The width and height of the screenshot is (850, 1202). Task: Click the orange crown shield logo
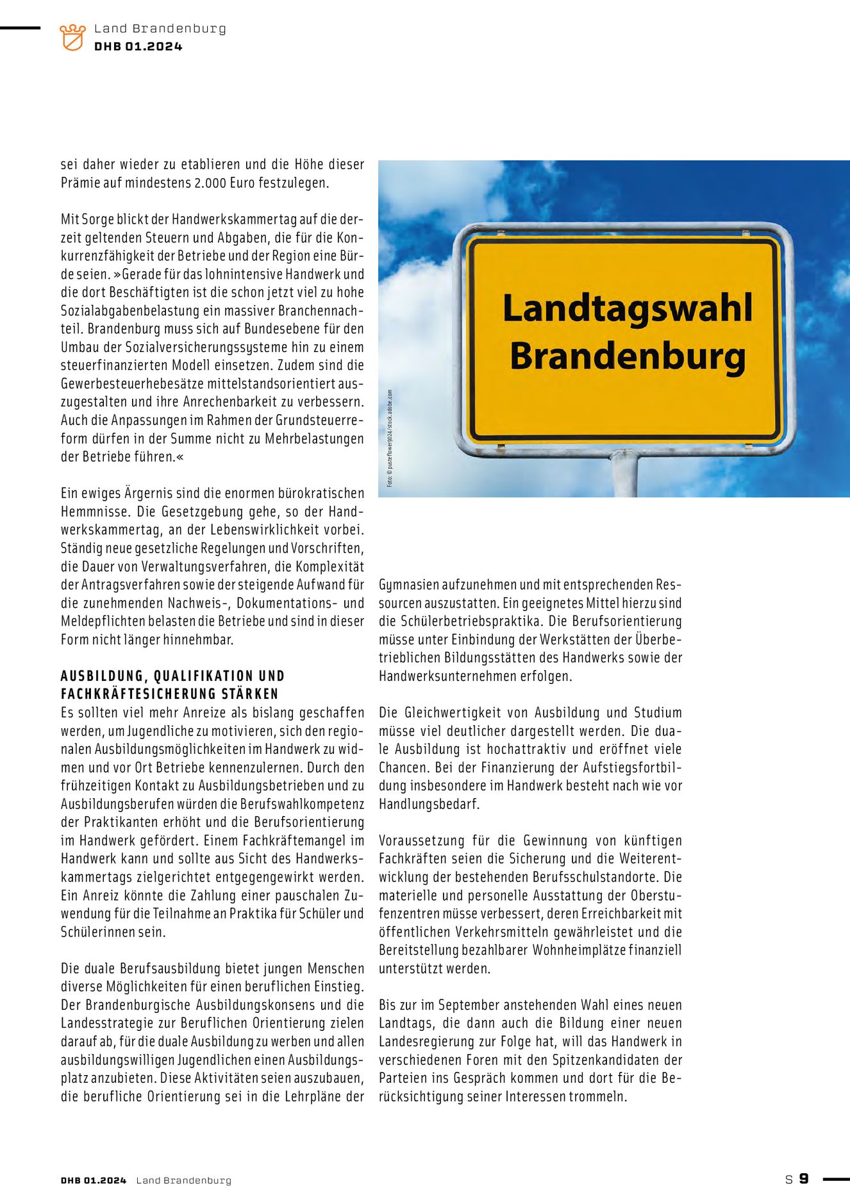72,37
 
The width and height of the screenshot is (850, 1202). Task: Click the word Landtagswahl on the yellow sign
627,308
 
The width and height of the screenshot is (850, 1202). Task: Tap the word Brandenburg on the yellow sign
627,356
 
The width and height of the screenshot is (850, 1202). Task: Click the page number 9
804,1178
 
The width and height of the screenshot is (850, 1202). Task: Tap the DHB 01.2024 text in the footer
94,1180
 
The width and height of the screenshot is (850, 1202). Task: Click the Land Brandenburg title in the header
160,29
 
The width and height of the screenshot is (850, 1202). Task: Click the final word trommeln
596,1097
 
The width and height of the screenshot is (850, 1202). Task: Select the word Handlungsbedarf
428,804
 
